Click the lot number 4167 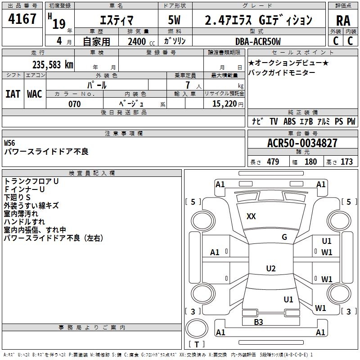click(x=22, y=19)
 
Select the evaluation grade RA click(x=343, y=21)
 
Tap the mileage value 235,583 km click(x=53, y=65)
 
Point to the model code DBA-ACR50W click(x=258, y=41)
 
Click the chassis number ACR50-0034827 click(x=302, y=143)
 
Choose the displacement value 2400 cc click(x=141, y=41)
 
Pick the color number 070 click(x=75, y=104)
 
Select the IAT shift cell click(x=13, y=94)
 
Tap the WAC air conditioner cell click(x=35, y=94)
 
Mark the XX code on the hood click(x=251, y=216)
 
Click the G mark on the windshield click(x=284, y=237)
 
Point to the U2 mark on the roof click(x=271, y=268)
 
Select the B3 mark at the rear click(x=258, y=322)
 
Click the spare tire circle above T click(x=197, y=328)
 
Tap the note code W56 click(x=9, y=143)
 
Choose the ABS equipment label click(x=289, y=121)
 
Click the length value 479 click(x=273, y=162)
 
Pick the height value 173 click(x=346, y=162)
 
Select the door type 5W click(x=174, y=20)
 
